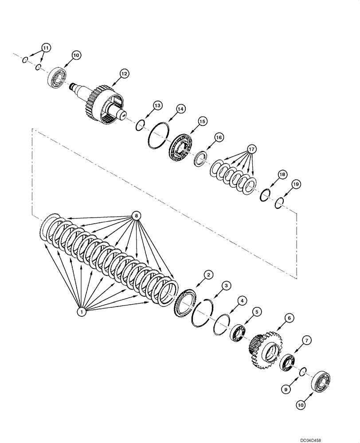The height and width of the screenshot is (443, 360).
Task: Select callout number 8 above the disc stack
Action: pos(137,216)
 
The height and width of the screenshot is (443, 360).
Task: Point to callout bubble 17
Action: pos(251,149)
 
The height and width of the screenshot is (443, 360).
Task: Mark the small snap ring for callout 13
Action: pos(139,125)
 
